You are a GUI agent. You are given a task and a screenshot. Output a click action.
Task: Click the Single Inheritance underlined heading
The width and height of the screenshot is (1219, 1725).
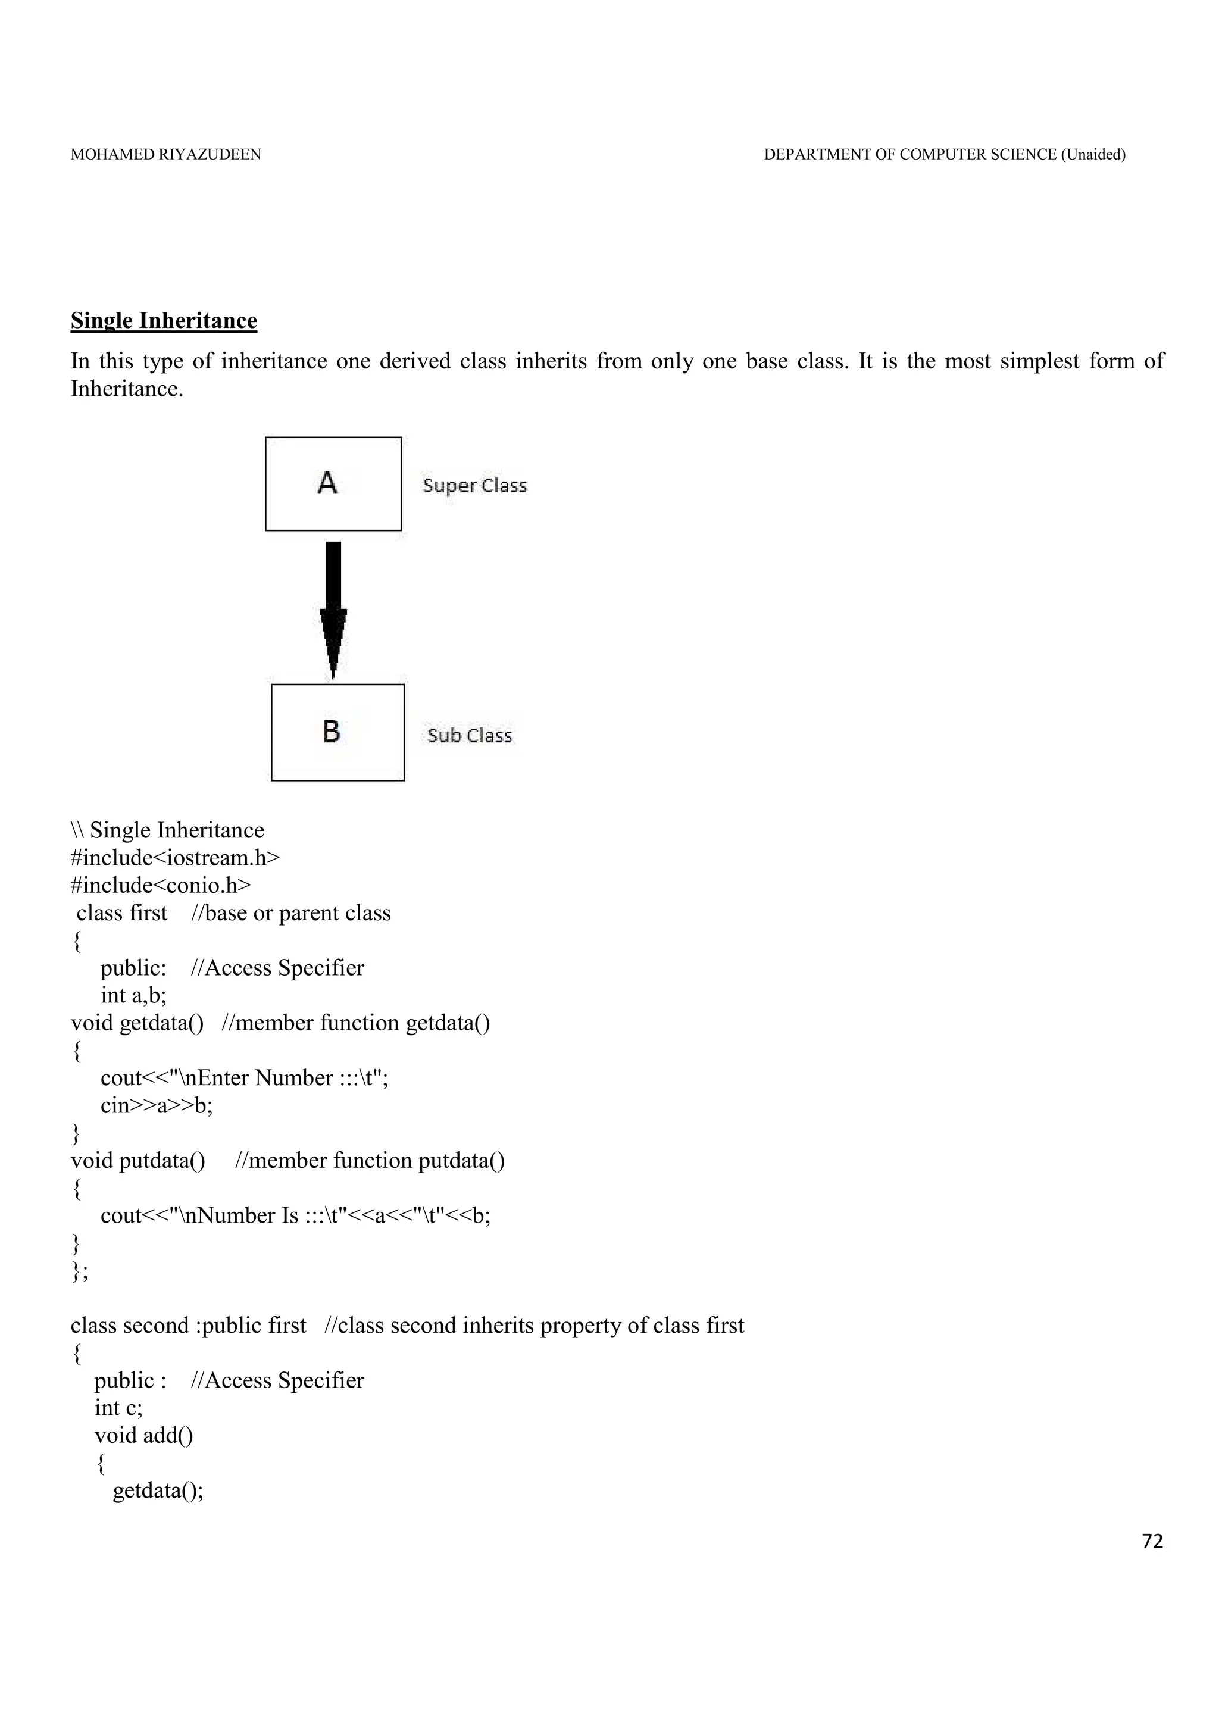pos(164,321)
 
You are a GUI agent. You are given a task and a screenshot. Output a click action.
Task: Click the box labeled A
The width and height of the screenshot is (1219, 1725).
pos(333,484)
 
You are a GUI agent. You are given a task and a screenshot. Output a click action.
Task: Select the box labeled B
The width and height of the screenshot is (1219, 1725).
pos(337,733)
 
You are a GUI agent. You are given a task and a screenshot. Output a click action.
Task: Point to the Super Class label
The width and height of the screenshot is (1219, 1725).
pos(474,485)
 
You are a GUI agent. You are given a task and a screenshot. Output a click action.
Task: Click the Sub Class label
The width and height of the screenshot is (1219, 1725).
pos(470,736)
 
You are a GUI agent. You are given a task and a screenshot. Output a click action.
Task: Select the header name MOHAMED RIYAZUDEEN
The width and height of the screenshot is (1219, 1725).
pos(166,155)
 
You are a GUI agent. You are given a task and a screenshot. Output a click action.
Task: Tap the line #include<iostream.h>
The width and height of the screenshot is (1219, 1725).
pos(175,858)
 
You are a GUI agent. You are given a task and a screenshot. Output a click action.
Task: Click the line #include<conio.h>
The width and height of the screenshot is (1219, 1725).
pos(161,886)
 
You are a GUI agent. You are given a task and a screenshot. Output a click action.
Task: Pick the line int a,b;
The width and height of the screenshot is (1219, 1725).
pos(134,995)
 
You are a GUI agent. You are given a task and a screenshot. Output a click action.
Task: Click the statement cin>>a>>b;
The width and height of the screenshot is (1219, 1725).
pos(156,1105)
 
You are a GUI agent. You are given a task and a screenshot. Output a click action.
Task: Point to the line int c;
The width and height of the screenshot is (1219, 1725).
pos(118,1407)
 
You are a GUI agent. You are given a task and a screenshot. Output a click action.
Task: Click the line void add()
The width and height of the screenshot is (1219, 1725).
pos(143,1435)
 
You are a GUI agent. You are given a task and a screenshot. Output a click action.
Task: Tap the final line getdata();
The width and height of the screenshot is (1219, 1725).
pos(158,1490)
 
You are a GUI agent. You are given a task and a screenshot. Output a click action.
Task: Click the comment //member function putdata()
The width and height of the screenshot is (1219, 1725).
pos(370,1160)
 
